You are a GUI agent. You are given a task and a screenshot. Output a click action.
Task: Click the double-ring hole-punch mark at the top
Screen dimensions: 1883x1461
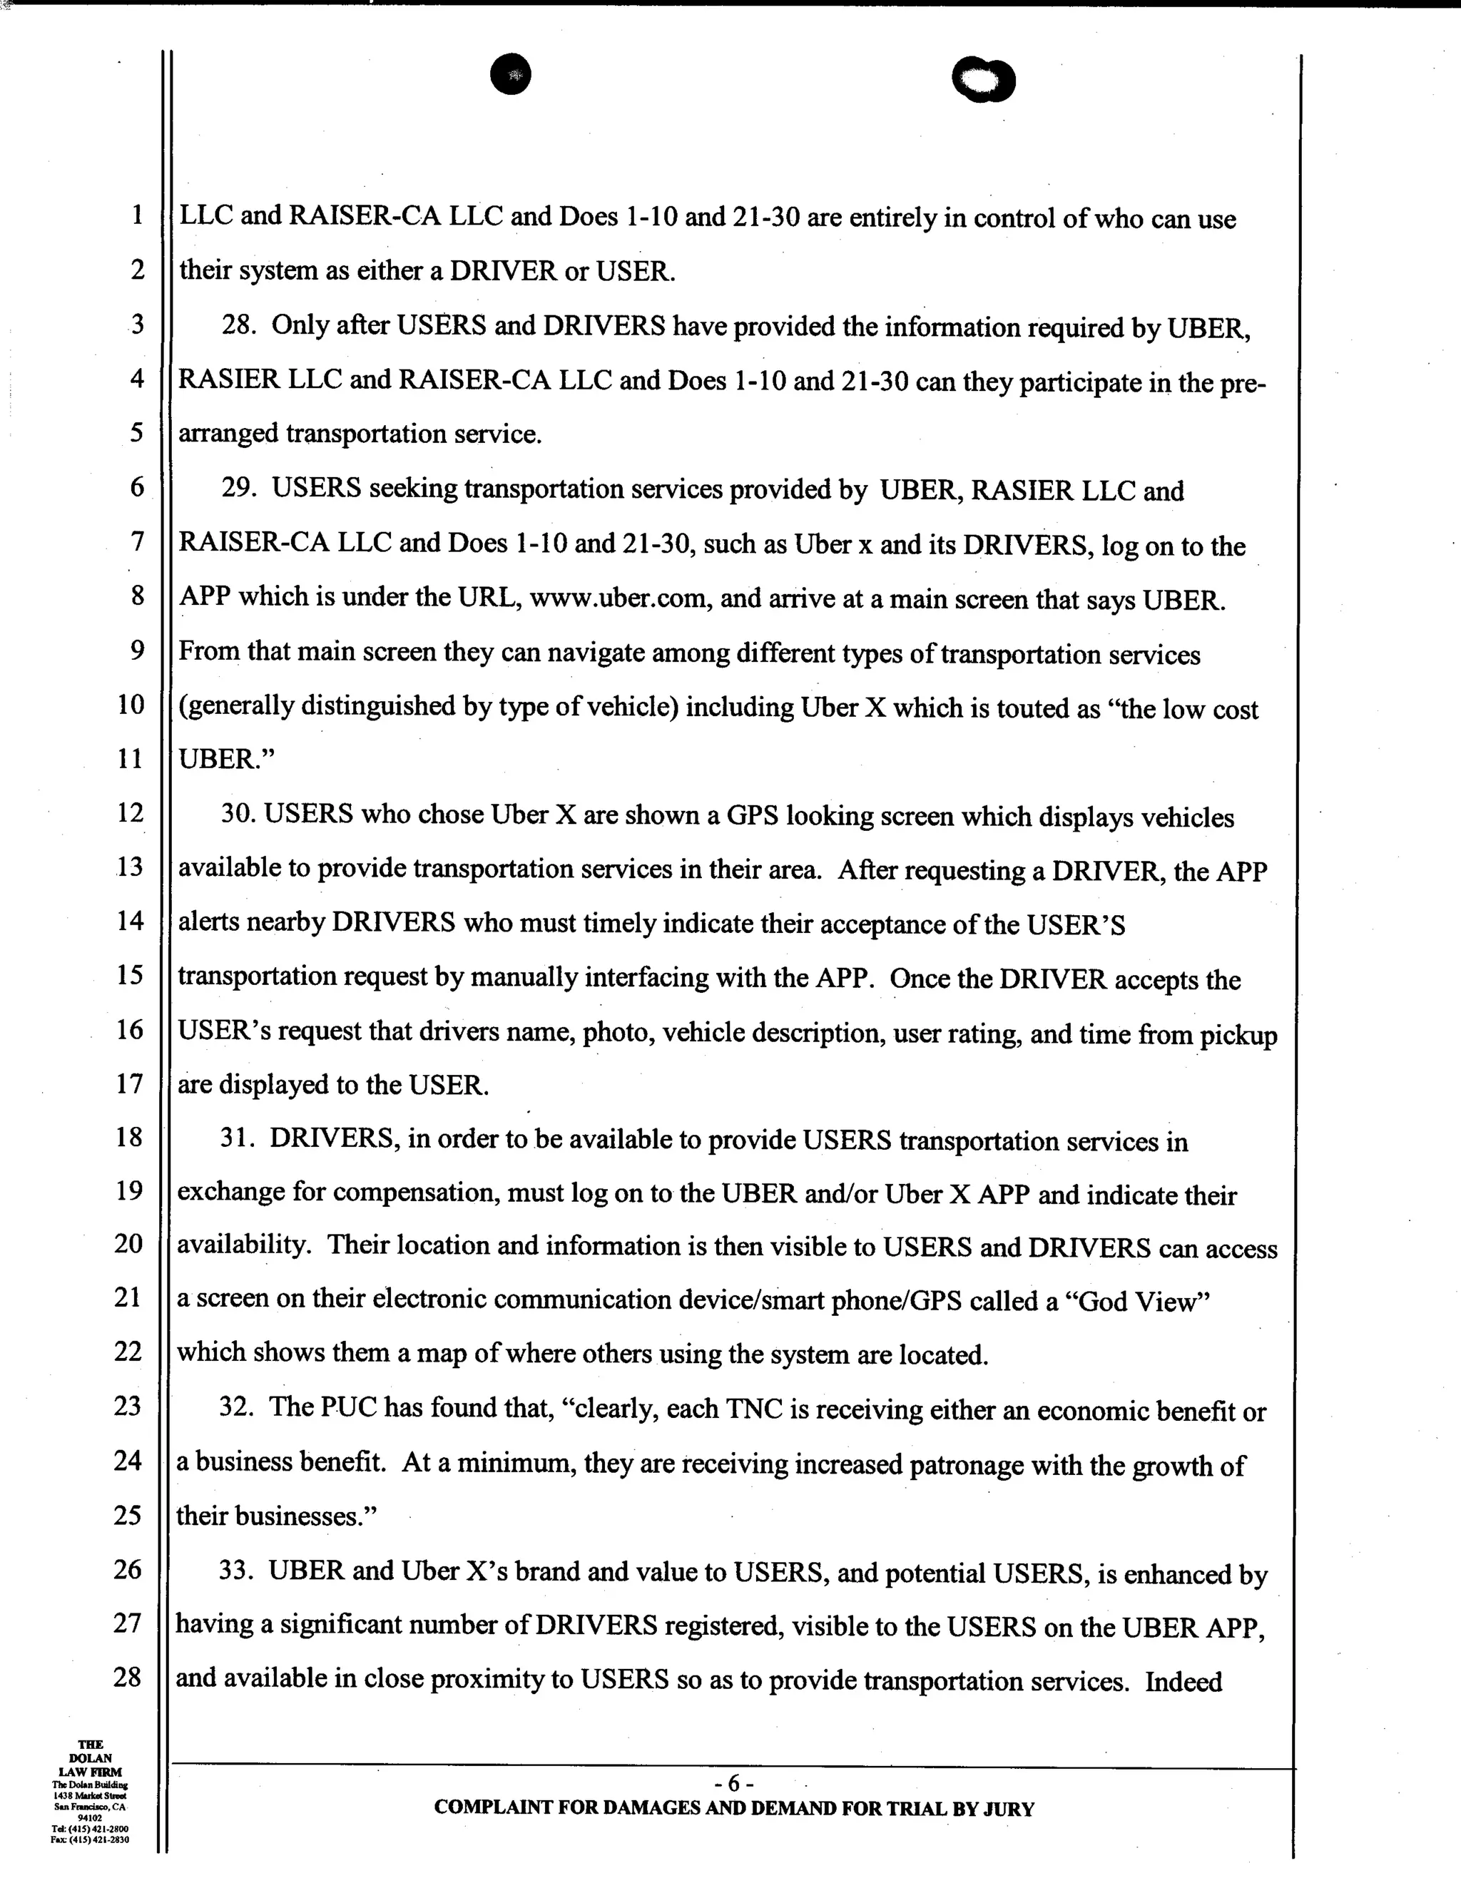point(983,82)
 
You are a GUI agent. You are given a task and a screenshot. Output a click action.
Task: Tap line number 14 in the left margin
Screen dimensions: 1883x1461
point(129,921)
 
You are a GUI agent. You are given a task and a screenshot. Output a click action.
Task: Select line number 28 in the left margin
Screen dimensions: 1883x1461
point(128,1677)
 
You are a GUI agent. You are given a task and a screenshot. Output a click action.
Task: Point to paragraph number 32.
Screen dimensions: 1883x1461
point(236,1407)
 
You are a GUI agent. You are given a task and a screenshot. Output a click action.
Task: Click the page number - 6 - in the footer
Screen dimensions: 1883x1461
point(734,1782)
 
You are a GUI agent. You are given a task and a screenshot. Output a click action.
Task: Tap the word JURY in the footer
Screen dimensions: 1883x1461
point(1007,1809)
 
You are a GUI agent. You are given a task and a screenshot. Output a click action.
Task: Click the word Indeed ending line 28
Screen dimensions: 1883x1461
point(1183,1682)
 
